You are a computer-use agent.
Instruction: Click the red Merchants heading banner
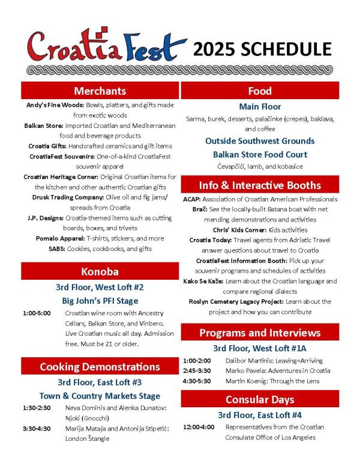(x=100, y=91)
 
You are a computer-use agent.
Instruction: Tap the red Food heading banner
(x=259, y=91)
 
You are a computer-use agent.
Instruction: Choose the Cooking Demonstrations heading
(x=100, y=366)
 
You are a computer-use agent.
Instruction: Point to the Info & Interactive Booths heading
(x=259, y=185)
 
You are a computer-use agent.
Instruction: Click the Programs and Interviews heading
(x=259, y=333)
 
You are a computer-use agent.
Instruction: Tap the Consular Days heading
(x=259, y=399)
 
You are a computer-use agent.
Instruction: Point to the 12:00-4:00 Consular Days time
(x=198, y=427)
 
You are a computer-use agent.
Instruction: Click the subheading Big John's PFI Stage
(x=100, y=300)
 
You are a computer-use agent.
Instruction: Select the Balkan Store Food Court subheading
(x=259, y=154)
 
